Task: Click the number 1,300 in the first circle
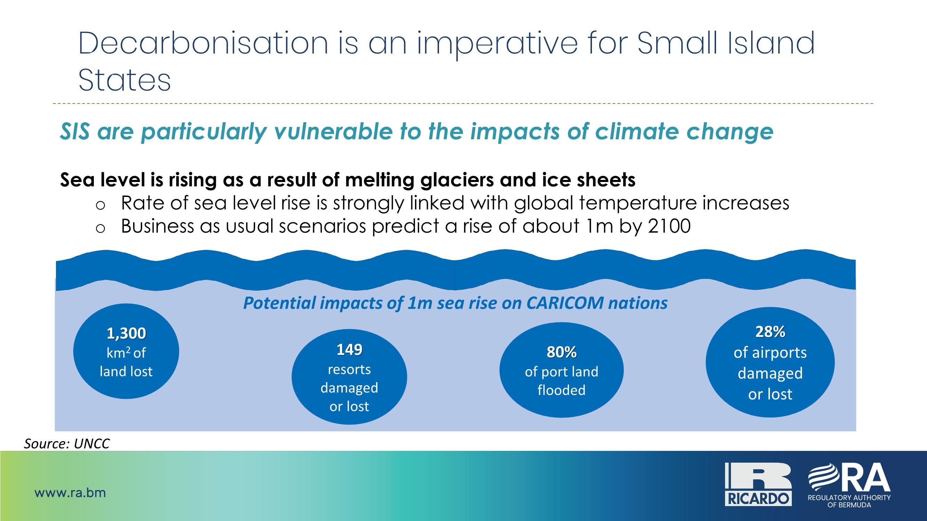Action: (x=126, y=334)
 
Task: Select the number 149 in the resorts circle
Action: (x=349, y=349)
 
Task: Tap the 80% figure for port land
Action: (x=561, y=352)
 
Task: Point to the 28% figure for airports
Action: (x=770, y=331)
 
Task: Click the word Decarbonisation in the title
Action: (x=203, y=43)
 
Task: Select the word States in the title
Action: (x=124, y=80)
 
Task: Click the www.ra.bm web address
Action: (x=70, y=493)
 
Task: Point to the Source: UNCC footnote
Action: (x=67, y=444)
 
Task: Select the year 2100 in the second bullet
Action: (x=669, y=226)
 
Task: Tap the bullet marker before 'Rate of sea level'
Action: (x=100, y=205)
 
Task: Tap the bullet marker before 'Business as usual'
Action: (x=100, y=228)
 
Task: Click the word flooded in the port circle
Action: (x=561, y=390)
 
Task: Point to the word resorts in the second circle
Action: (x=349, y=370)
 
